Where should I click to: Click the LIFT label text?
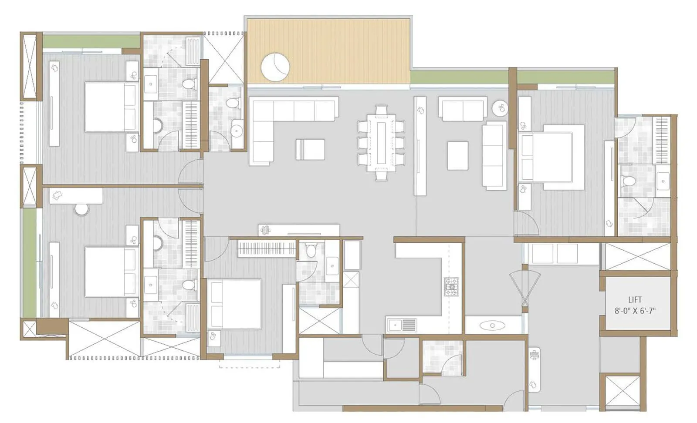[635, 300]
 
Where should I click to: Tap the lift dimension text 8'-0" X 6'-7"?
[635, 311]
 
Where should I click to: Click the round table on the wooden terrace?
[275, 67]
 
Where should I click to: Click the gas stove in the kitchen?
[452, 287]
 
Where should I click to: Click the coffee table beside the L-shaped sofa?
[310, 149]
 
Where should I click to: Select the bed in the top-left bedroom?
[111, 107]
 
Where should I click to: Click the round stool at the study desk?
[82, 209]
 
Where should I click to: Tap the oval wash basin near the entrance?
[492, 325]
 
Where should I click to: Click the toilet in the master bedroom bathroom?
[629, 181]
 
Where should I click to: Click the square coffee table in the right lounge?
[457, 155]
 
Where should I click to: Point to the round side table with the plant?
[501, 107]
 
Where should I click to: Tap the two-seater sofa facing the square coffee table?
[463, 108]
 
